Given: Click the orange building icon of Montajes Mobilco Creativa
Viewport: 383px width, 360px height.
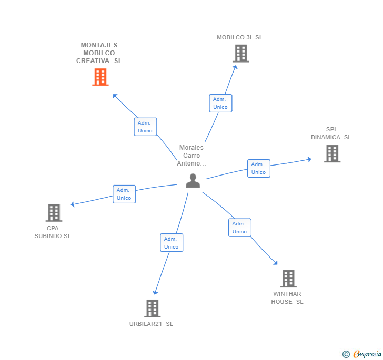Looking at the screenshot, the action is pyautogui.click(x=100, y=77).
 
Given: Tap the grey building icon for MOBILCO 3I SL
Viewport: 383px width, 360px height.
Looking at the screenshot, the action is pyautogui.click(x=240, y=53).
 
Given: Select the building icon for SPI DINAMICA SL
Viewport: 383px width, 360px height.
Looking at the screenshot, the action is pyautogui.click(x=332, y=153).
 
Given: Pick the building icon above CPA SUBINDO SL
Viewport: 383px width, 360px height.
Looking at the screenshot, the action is pyautogui.click(x=54, y=213).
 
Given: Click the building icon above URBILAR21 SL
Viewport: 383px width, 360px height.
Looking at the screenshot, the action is pyautogui.click(x=152, y=308).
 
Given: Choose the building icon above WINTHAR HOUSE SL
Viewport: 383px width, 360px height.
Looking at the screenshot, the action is pyautogui.click(x=288, y=279).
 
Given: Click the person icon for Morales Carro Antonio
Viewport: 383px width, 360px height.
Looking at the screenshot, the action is pyautogui.click(x=193, y=180).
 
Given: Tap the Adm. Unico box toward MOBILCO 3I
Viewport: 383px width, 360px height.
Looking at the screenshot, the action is pyautogui.click(x=220, y=103).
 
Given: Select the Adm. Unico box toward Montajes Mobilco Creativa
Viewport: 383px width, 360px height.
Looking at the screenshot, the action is pyautogui.click(x=145, y=127).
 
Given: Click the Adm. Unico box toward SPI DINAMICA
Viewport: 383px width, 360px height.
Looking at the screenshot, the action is pyautogui.click(x=258, y=168).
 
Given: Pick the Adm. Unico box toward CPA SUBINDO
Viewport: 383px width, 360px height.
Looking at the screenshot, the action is pyautogui.click(x=124, y=194).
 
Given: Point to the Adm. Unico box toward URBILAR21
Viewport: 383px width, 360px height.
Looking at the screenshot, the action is pyautogui.click(x=172, y=243).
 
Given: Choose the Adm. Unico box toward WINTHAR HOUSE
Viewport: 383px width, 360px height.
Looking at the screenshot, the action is pyautogui.click(x=239, y=228).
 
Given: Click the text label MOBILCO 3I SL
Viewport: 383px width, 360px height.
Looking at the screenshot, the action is pyautogui.click(x=239, y=37).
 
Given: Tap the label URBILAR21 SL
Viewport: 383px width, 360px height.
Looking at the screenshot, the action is pyautogui.click(x=151, y=324).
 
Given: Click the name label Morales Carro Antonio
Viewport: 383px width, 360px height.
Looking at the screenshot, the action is pyautogui.click(x=191, y=156).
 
